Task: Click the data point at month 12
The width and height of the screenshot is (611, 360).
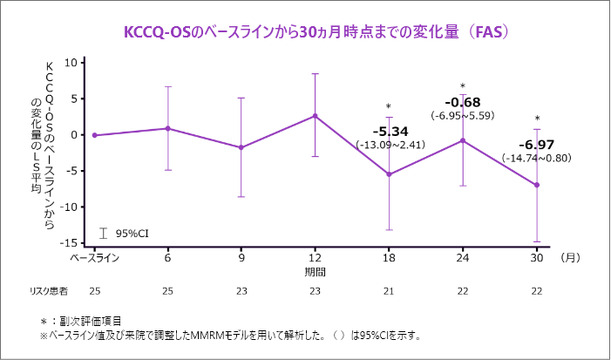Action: pos(315,115)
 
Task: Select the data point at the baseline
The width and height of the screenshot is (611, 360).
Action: pos(94,135)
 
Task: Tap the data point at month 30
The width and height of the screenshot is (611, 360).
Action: pos(537,185)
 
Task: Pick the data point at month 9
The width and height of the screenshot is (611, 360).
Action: pos(241,147)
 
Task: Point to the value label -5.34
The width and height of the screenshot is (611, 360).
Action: pos(388,132)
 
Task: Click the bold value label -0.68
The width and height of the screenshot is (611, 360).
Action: pos(462,101)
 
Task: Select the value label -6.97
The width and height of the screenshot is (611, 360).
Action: pos(536,144)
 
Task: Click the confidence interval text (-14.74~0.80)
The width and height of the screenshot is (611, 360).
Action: pos(536,158)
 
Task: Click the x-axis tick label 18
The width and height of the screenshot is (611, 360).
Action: pos(389,257)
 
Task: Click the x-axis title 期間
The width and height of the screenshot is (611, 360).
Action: pos(315,271)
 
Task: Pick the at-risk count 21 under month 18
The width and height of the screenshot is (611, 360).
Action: pos(389,289)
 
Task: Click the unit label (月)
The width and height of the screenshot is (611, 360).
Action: pos(571,257)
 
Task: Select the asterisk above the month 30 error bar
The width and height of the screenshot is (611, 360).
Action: pos(537,119)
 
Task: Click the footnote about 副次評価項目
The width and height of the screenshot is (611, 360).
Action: pos(88,320)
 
